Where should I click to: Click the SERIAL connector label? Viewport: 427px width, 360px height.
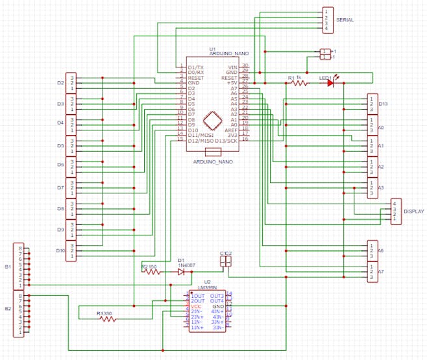[345, 20]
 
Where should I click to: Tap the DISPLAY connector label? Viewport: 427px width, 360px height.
[413, 211]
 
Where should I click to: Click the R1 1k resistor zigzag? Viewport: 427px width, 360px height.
[298, 83]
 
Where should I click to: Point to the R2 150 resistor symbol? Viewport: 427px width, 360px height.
[152, 272]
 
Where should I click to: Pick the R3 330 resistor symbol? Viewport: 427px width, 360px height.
[105, 319]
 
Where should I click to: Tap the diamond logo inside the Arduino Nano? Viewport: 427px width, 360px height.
[212, 122]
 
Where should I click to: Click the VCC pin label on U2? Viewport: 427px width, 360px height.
[196, 306]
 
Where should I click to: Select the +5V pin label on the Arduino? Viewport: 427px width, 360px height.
[232, 83]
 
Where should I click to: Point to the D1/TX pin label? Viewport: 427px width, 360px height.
[195, 67]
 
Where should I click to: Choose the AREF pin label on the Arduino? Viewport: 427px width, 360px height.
[231, 130]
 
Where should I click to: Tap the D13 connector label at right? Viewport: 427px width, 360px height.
[383, 104]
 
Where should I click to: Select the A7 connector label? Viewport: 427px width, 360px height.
[381, 271]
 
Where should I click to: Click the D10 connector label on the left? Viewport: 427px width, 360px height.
[60, 250]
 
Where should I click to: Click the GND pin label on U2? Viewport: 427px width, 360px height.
[217, 306]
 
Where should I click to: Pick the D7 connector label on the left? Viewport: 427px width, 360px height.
[60, 187]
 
